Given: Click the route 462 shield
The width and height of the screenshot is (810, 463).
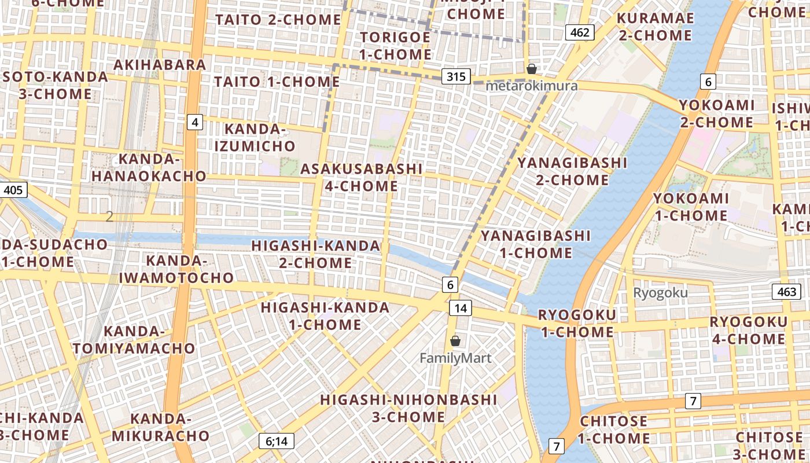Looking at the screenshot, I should click(580, 32).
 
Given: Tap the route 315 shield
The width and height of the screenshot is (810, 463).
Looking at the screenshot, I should click(456, 76).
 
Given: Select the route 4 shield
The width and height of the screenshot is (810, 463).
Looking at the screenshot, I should click(196, 122).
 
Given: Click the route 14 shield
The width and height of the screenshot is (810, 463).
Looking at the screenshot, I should click(460, 308).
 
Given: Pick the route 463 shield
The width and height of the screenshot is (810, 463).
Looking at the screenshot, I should click(787, 292).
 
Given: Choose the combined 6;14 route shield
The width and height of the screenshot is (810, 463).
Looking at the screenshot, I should click(277, 442).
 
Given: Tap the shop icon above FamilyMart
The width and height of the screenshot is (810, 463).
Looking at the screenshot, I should click(455, 341).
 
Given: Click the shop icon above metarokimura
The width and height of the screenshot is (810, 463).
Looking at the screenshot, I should click(531, 69).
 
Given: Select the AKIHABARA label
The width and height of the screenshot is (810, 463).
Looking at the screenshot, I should click(160, 65).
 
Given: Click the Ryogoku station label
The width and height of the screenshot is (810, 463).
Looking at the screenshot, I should click(660, 292).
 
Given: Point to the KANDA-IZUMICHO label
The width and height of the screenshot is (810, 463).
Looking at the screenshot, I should click(255, 137).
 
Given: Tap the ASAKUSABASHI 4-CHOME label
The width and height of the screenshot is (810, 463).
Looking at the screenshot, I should click(361, 177).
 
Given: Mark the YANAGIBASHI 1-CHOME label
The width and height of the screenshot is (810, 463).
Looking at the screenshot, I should click(536, 244).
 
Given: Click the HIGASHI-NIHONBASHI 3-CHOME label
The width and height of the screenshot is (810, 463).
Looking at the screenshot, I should click(408, 408).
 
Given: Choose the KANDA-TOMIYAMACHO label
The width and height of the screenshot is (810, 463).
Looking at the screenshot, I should click(134, 340).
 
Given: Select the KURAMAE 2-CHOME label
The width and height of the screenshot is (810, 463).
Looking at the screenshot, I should click(655, 27).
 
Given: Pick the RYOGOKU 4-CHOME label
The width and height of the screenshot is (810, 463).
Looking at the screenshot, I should click(749, 330).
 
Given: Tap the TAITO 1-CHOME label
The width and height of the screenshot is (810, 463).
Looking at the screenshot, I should click(277, 82).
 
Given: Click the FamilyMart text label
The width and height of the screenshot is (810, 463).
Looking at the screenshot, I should click(455, 358).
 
